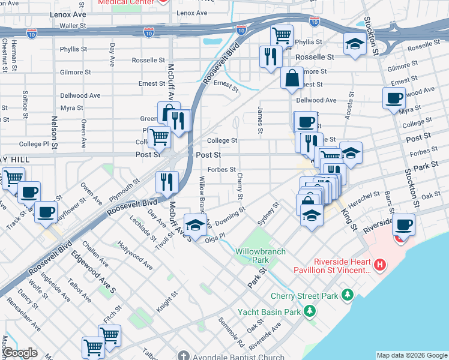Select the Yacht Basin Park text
tap(268, 312)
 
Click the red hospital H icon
tap(379, 265)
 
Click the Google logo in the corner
tap(19, 353)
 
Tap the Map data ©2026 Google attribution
tap(411, 355)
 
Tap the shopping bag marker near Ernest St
tap(292, 78)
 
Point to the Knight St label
tap(167, 302)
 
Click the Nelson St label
tap(54, 133)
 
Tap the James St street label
tap(260, 120)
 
